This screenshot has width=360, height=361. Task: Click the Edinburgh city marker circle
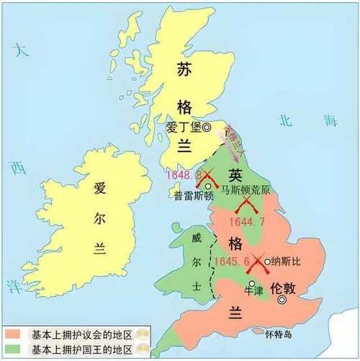[207, 128]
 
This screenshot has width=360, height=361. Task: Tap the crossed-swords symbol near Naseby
[256, 267]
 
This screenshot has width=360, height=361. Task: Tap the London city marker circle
[282, 299]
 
